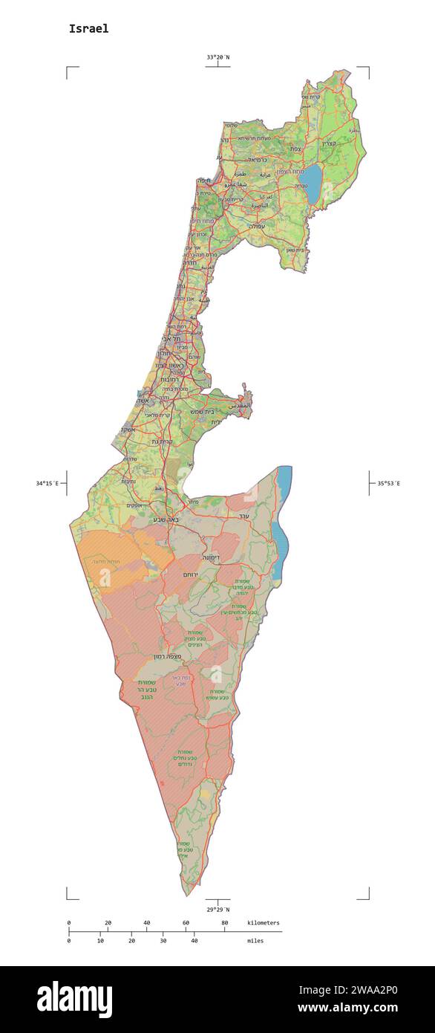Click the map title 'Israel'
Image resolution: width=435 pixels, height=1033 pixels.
(x=88, y=29)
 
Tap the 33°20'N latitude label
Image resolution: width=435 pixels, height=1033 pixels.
(x=218, y=57)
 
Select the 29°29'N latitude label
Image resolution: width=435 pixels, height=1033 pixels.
(x=218, y=909)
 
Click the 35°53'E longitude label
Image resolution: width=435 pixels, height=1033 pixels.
(x=387, y=484)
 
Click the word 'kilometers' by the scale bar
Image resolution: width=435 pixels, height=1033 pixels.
(x=264, y=923)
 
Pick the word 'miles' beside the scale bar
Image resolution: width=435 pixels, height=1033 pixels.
(x=255, y=941)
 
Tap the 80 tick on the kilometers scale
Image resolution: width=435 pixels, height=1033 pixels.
(x=225, y=923)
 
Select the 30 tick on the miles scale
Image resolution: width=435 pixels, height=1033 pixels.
(x=163, y=941)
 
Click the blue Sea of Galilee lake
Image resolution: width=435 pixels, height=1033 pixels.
(x=313, y=182)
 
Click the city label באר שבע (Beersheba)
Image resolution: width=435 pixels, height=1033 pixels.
(x=166, y=519)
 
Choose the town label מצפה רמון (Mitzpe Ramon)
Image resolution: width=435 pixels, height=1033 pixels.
(x=169, y=657)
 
